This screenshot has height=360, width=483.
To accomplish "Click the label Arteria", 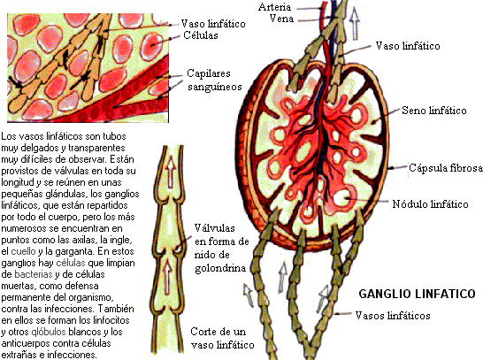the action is (274, 7).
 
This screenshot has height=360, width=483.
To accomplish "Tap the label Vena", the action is (281, 19).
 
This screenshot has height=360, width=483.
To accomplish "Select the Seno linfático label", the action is (434, 111).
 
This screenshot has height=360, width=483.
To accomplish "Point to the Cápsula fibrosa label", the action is (446, 168).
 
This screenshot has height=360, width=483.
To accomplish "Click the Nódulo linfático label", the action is (430, 203).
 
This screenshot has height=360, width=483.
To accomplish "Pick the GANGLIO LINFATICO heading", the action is (417, 294).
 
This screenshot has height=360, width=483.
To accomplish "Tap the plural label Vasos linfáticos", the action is (393, 316).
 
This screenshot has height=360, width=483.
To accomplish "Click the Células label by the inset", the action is (201, 35).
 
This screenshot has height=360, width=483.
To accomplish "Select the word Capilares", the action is (209, 73).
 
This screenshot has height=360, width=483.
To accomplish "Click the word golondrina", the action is (220, 268).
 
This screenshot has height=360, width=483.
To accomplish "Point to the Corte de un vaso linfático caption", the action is (222, 338).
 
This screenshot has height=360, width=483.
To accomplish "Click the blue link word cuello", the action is (23, 251).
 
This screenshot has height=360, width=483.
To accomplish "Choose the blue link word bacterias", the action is (34, 274).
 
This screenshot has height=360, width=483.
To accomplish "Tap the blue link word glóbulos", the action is (49, 332).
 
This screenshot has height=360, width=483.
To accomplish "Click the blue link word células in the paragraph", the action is (71, 263).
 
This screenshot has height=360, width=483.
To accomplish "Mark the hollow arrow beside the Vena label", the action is (355, 24).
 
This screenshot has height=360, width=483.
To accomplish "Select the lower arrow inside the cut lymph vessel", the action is (167, 277).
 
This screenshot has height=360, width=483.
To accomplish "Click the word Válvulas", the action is (214, 228).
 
